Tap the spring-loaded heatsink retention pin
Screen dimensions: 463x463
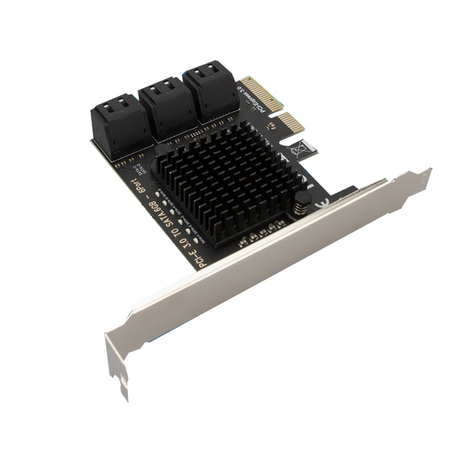(300, 207)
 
